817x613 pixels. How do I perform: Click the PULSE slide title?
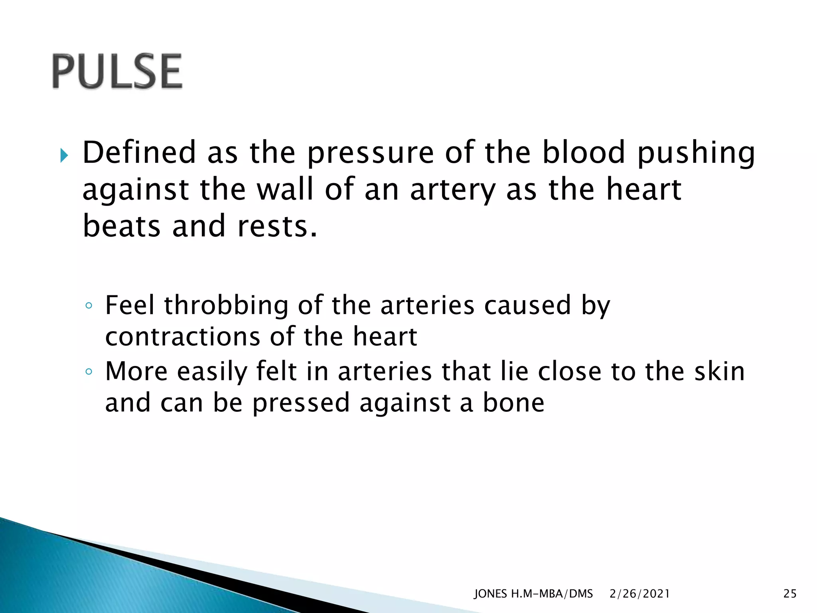tap(117, 71)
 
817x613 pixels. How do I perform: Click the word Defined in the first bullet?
tap(139, 152)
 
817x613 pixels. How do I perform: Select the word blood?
tap(583, 152)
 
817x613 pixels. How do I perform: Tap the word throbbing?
tap(226, 306)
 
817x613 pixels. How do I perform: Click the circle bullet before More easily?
tap(89, 372)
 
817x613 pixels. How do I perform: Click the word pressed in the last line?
tap(301, 403)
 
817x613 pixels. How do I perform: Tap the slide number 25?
tap(789, 594)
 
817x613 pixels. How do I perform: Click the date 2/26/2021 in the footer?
tap(639, 594)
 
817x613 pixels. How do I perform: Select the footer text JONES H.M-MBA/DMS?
tap(533, 594)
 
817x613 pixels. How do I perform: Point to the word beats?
tap(121, 226)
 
